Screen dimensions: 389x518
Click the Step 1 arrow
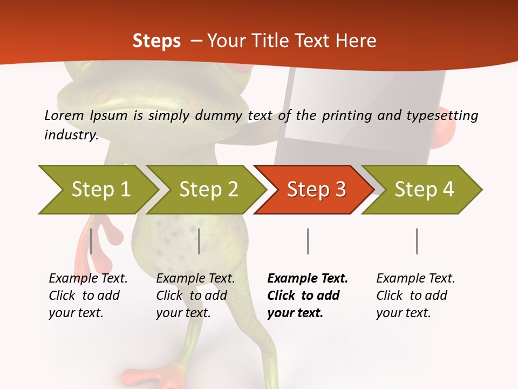pos(100,190)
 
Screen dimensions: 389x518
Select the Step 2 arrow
pos(208,190)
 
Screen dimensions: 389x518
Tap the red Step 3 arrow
pos(316,190)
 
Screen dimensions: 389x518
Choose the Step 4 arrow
pos(424,190)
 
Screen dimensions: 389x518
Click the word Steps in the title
pos(156,41)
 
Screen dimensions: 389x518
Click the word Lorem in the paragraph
pos(63,116)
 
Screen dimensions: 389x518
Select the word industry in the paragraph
pos(71,135)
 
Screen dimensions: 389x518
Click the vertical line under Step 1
pos(91,241)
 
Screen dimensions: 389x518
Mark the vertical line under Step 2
pos(199,241)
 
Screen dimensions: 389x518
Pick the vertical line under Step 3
pos(308,241)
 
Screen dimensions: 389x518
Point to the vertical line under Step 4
pos(417,241)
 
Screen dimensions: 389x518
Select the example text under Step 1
pos(88,296)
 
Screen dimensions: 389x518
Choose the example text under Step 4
pos(415,296)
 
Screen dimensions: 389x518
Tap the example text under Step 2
pos(195,296)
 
